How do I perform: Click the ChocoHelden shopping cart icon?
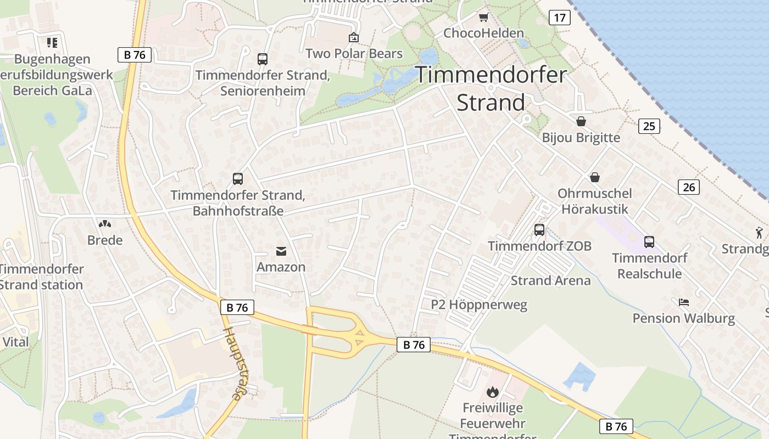coord(483,18)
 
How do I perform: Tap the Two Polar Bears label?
coord(354,53)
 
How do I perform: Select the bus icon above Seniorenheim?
coord(263,59)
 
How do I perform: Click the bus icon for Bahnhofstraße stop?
coord(238,178)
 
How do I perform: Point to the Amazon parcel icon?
coord(281,251)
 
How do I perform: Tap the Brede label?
coord(105,240)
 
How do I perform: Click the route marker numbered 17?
coord(559,18)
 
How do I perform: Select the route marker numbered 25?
coord(649,126)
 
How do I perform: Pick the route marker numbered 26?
coord(689,187)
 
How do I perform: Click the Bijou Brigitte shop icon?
coord(581,121)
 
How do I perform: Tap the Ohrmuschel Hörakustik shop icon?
coord(594,177)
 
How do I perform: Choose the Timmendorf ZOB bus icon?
coord(539,230)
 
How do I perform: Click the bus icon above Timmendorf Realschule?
coord(649,241)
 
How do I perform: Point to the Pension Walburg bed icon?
coord(684,302)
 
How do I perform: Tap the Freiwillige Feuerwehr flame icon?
coord(492,392)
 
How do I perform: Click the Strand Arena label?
coord(550,280)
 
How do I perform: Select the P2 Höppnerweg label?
coord(478,305)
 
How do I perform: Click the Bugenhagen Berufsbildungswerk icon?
coord(52,42)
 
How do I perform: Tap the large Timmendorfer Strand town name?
coord(491,88)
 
